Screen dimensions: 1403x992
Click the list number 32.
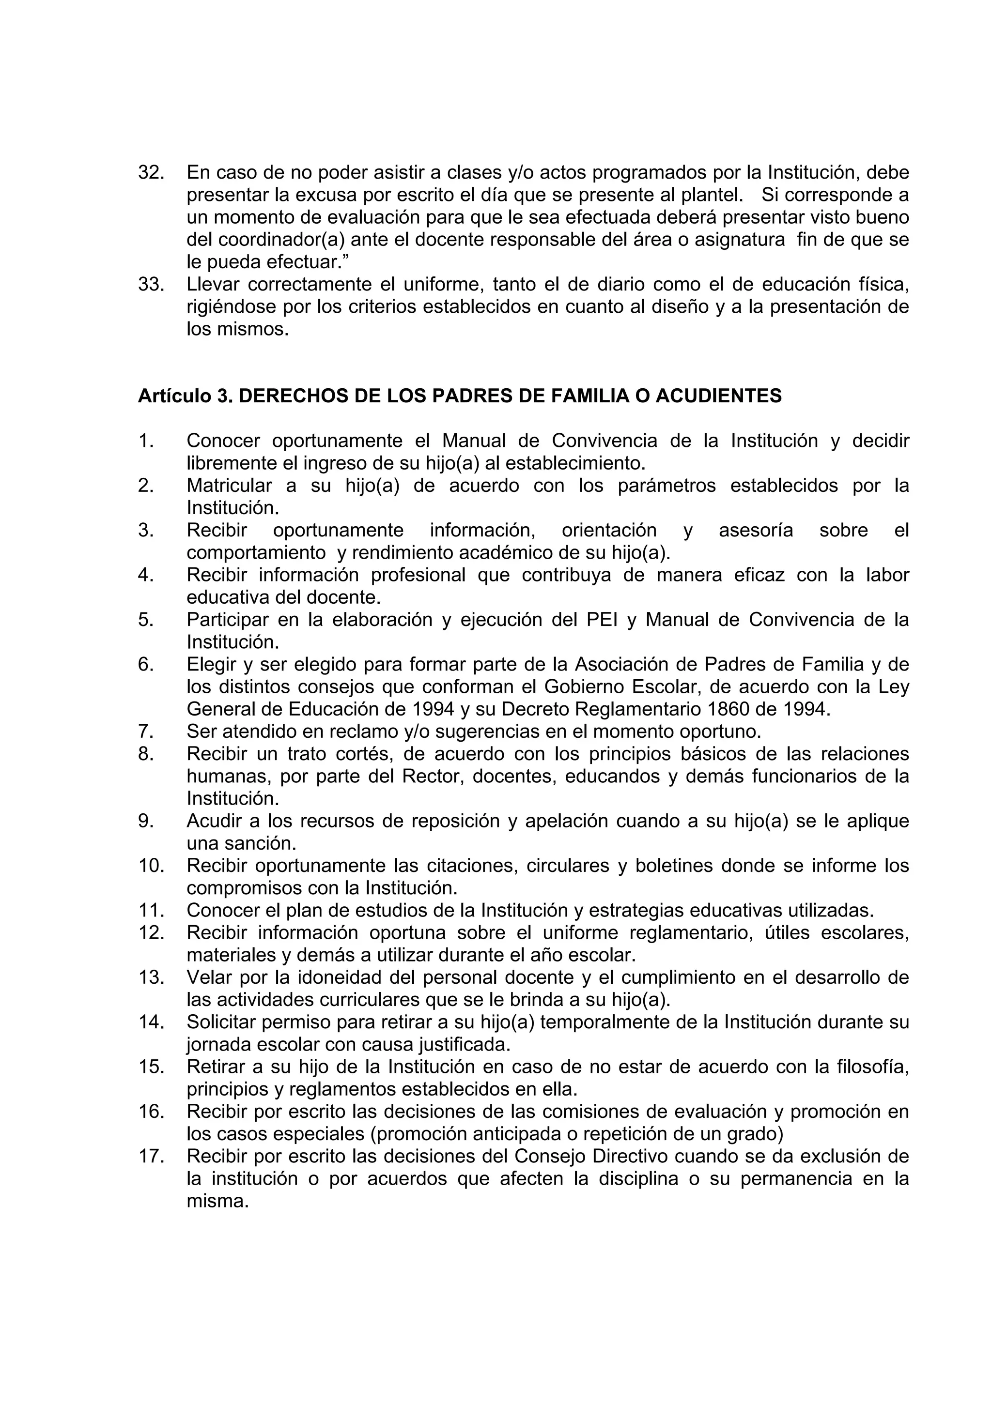pyautogui.click(x=151, y=172)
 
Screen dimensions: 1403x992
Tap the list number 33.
pyautogui.click(x=151, y=284)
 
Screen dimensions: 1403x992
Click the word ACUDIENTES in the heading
pyautogui.click(x=718, y=396)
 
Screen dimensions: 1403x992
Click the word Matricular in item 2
pyautogui.click(x=229, y=485)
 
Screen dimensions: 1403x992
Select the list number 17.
pyautogui.click(x=151, y=1156)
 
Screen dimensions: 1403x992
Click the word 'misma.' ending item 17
pyautogui.click(x=217, y=1201)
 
